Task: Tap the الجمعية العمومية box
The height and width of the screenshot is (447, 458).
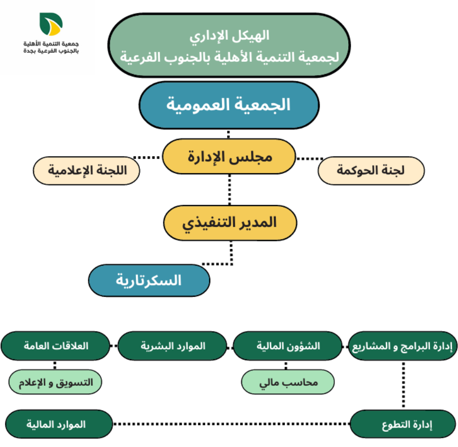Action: [229, 105]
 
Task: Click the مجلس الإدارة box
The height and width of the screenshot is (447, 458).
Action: [229, 157]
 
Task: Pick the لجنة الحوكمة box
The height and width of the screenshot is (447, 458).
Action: [371, 171]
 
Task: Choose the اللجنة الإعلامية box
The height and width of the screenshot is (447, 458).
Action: [86, 171]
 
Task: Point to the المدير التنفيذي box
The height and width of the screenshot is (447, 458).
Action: [230, 222]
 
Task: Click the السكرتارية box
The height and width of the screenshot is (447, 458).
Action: [149, 280]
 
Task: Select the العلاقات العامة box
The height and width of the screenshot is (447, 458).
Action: [56, 346]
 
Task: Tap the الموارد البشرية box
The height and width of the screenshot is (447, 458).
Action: [173, 346]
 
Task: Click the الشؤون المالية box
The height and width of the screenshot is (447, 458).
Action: [287, 346]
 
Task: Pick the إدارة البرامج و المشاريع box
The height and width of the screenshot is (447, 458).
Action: [403, 346]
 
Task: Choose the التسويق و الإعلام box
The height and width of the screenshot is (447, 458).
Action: [56, 382]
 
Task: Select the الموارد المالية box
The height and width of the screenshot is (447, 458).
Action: [58, 424]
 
